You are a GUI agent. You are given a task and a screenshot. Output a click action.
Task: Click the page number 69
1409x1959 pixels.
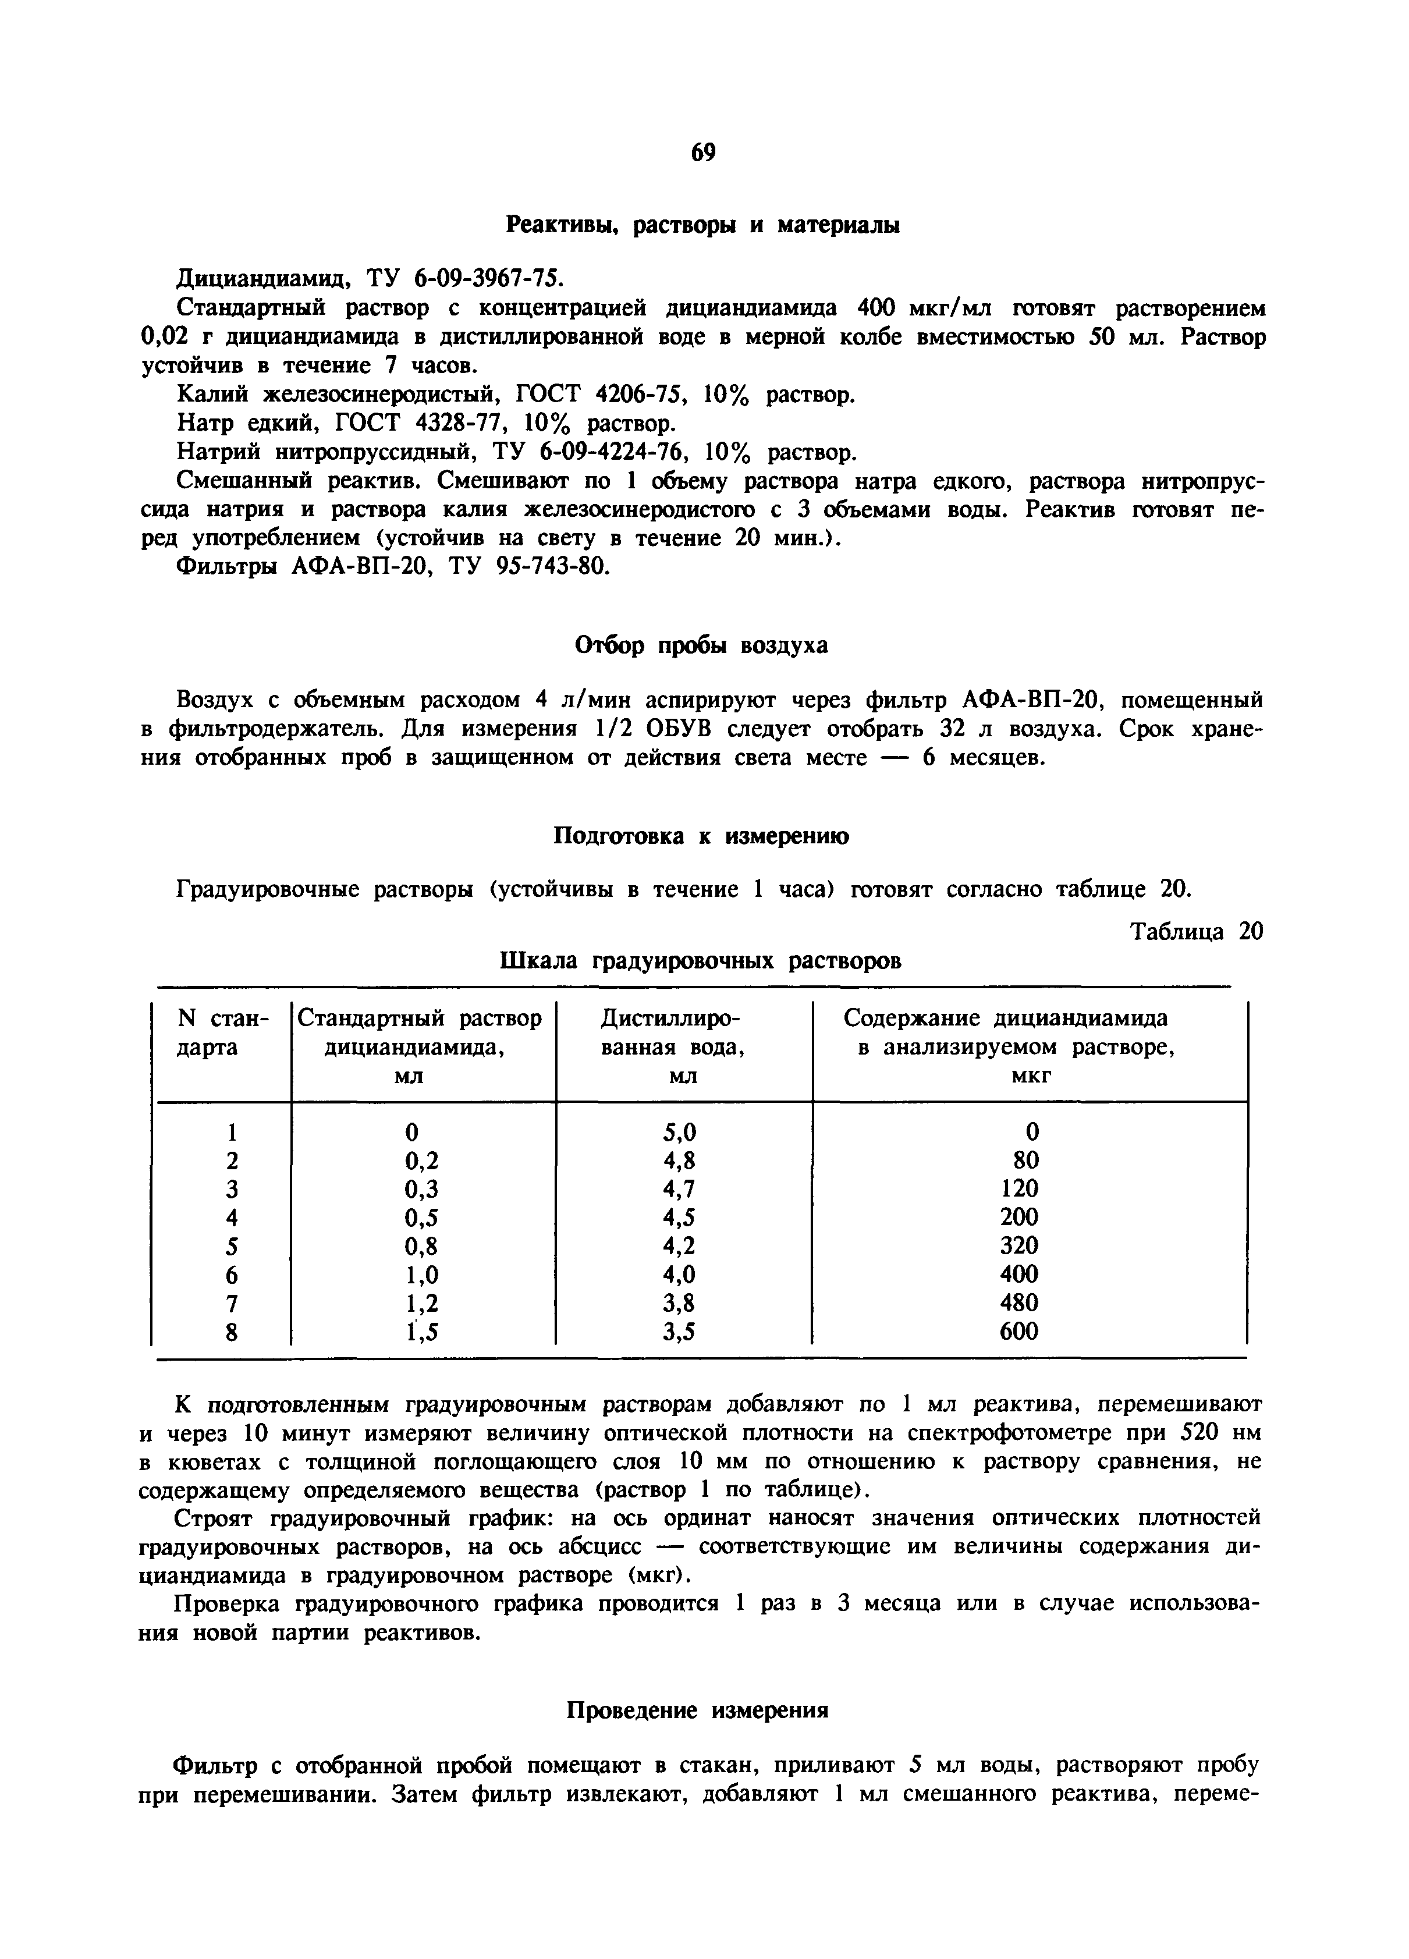tap(703, 153)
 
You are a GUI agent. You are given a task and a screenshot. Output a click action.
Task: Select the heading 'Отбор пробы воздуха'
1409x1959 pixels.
tap(701, 645)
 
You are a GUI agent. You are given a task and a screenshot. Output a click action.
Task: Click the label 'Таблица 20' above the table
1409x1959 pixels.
tap(1197, 932)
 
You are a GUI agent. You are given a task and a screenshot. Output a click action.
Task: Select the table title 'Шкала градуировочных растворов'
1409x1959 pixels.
tap(701, 960)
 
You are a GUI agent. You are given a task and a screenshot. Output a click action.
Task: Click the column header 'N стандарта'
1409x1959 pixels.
tap(222, 1033)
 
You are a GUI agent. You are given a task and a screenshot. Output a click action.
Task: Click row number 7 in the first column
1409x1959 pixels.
tap(230, 1304)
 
